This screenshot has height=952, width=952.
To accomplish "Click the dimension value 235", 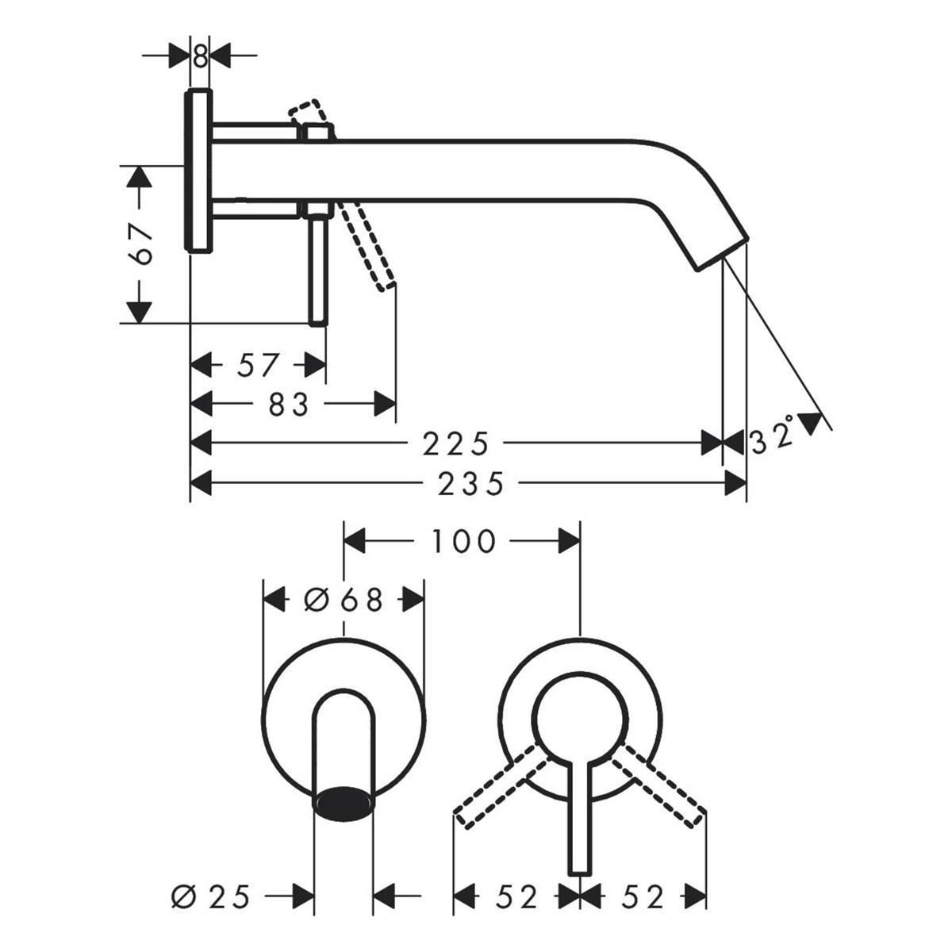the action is click(470, 484).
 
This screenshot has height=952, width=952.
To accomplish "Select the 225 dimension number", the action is click(455, 443).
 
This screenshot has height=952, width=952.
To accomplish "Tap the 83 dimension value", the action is click(289, 404).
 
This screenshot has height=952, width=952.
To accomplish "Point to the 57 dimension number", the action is click(259, 366).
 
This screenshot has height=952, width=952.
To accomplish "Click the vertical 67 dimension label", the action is click(139, 244).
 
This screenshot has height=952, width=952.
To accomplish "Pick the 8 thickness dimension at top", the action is click(200, 56).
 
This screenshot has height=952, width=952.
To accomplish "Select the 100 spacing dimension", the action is click(463, 541).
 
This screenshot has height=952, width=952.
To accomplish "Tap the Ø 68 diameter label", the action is click(344, 600).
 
